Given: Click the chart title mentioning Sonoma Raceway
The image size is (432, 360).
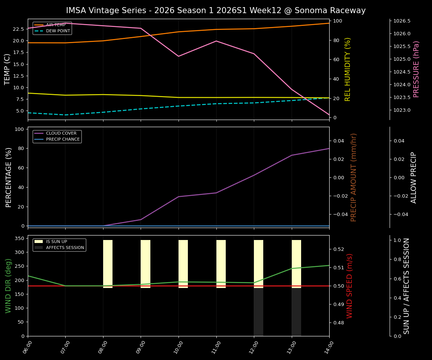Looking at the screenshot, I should [x=216, y=10].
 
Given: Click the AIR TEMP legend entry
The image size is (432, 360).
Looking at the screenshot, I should [x=55, y=25].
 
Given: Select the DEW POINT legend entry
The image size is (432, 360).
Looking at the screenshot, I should [x=58, y=31].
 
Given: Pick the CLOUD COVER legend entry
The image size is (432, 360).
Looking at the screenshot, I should [x=61, y=133].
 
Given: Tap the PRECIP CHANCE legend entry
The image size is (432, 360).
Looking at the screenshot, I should [x=63, y=139].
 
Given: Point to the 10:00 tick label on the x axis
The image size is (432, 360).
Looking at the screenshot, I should [x=178, y=346].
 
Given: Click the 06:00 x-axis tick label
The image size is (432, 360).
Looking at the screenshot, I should [x=28, y=346].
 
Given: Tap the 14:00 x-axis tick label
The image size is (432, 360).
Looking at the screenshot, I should [x=329, y=346].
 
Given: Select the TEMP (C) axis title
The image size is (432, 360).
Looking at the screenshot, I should [x=7, y=69].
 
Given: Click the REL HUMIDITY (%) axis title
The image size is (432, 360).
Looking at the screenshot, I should [x=348, y=69].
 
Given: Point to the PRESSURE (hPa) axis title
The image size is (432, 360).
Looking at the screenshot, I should [x=416, y=69].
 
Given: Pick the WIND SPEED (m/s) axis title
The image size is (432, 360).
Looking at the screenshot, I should [x=349, y=286].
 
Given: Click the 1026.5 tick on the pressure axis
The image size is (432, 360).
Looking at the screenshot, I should [x=402, y=21].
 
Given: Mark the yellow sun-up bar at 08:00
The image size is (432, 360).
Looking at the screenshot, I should [x=108, y=264].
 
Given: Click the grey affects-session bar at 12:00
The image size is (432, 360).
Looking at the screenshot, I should [x=258, y=312].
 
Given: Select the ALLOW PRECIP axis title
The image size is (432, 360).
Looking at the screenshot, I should [x=414, y=177].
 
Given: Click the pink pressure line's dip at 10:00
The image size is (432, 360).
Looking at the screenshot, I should [x=178, y=56].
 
